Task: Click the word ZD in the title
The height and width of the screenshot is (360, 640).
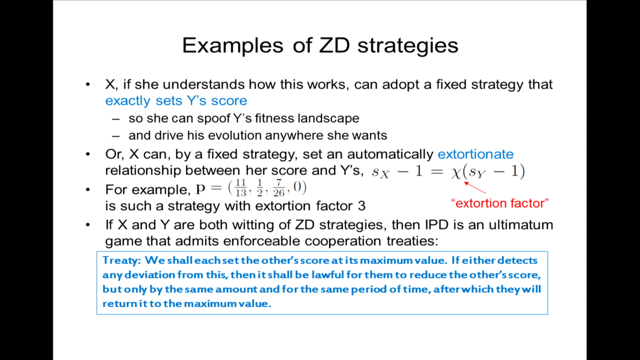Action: click(334, 45)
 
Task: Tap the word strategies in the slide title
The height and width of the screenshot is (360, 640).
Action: click(408, 46)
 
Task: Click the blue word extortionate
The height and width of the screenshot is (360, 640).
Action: click(475, 154)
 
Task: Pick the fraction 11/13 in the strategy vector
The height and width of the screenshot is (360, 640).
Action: click(241, 188)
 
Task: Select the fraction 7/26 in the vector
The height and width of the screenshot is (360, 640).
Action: click(279, 188)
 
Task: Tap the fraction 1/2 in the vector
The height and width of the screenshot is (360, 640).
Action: click(260, 188)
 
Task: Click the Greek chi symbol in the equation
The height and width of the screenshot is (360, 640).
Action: click(456, 172)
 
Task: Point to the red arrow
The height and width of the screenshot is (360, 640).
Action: click(475, 188)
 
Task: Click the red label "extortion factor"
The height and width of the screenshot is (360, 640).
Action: click(500, 203)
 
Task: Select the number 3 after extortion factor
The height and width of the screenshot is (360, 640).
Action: click(362, 206)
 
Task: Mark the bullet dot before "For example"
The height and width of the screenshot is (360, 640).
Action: click(88, 190)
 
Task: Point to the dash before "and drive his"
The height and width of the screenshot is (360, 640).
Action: click(116, 136)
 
